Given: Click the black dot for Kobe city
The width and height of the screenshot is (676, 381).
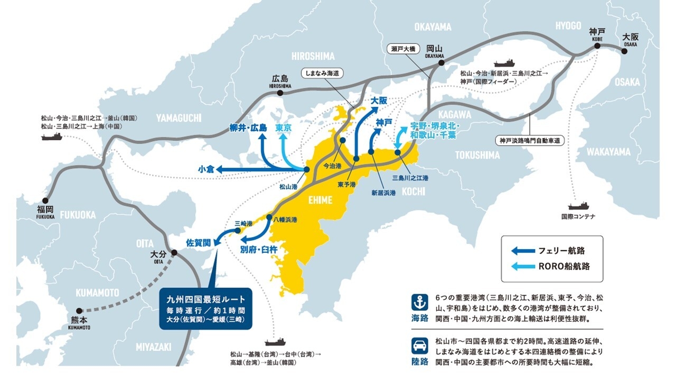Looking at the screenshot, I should [x=597, y=46].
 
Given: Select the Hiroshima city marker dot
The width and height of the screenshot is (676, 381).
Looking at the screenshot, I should [x=280, y=93].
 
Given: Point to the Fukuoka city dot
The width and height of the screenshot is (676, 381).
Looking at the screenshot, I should [x=45, y=201].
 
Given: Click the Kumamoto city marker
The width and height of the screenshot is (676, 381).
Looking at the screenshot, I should [x=79, y=311].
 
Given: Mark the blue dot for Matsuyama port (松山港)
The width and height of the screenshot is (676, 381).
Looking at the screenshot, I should [x=306, y=169].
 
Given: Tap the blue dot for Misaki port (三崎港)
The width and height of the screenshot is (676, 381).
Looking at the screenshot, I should [x=237, y=230].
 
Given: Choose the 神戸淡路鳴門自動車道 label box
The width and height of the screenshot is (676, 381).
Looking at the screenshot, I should [x=530, y=141].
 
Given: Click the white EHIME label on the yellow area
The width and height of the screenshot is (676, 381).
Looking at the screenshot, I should [x=321, y=199].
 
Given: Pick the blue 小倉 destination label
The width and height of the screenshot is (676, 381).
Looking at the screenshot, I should [x=206, y=169].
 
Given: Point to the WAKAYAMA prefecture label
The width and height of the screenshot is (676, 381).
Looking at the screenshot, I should [x=608, y=152].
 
